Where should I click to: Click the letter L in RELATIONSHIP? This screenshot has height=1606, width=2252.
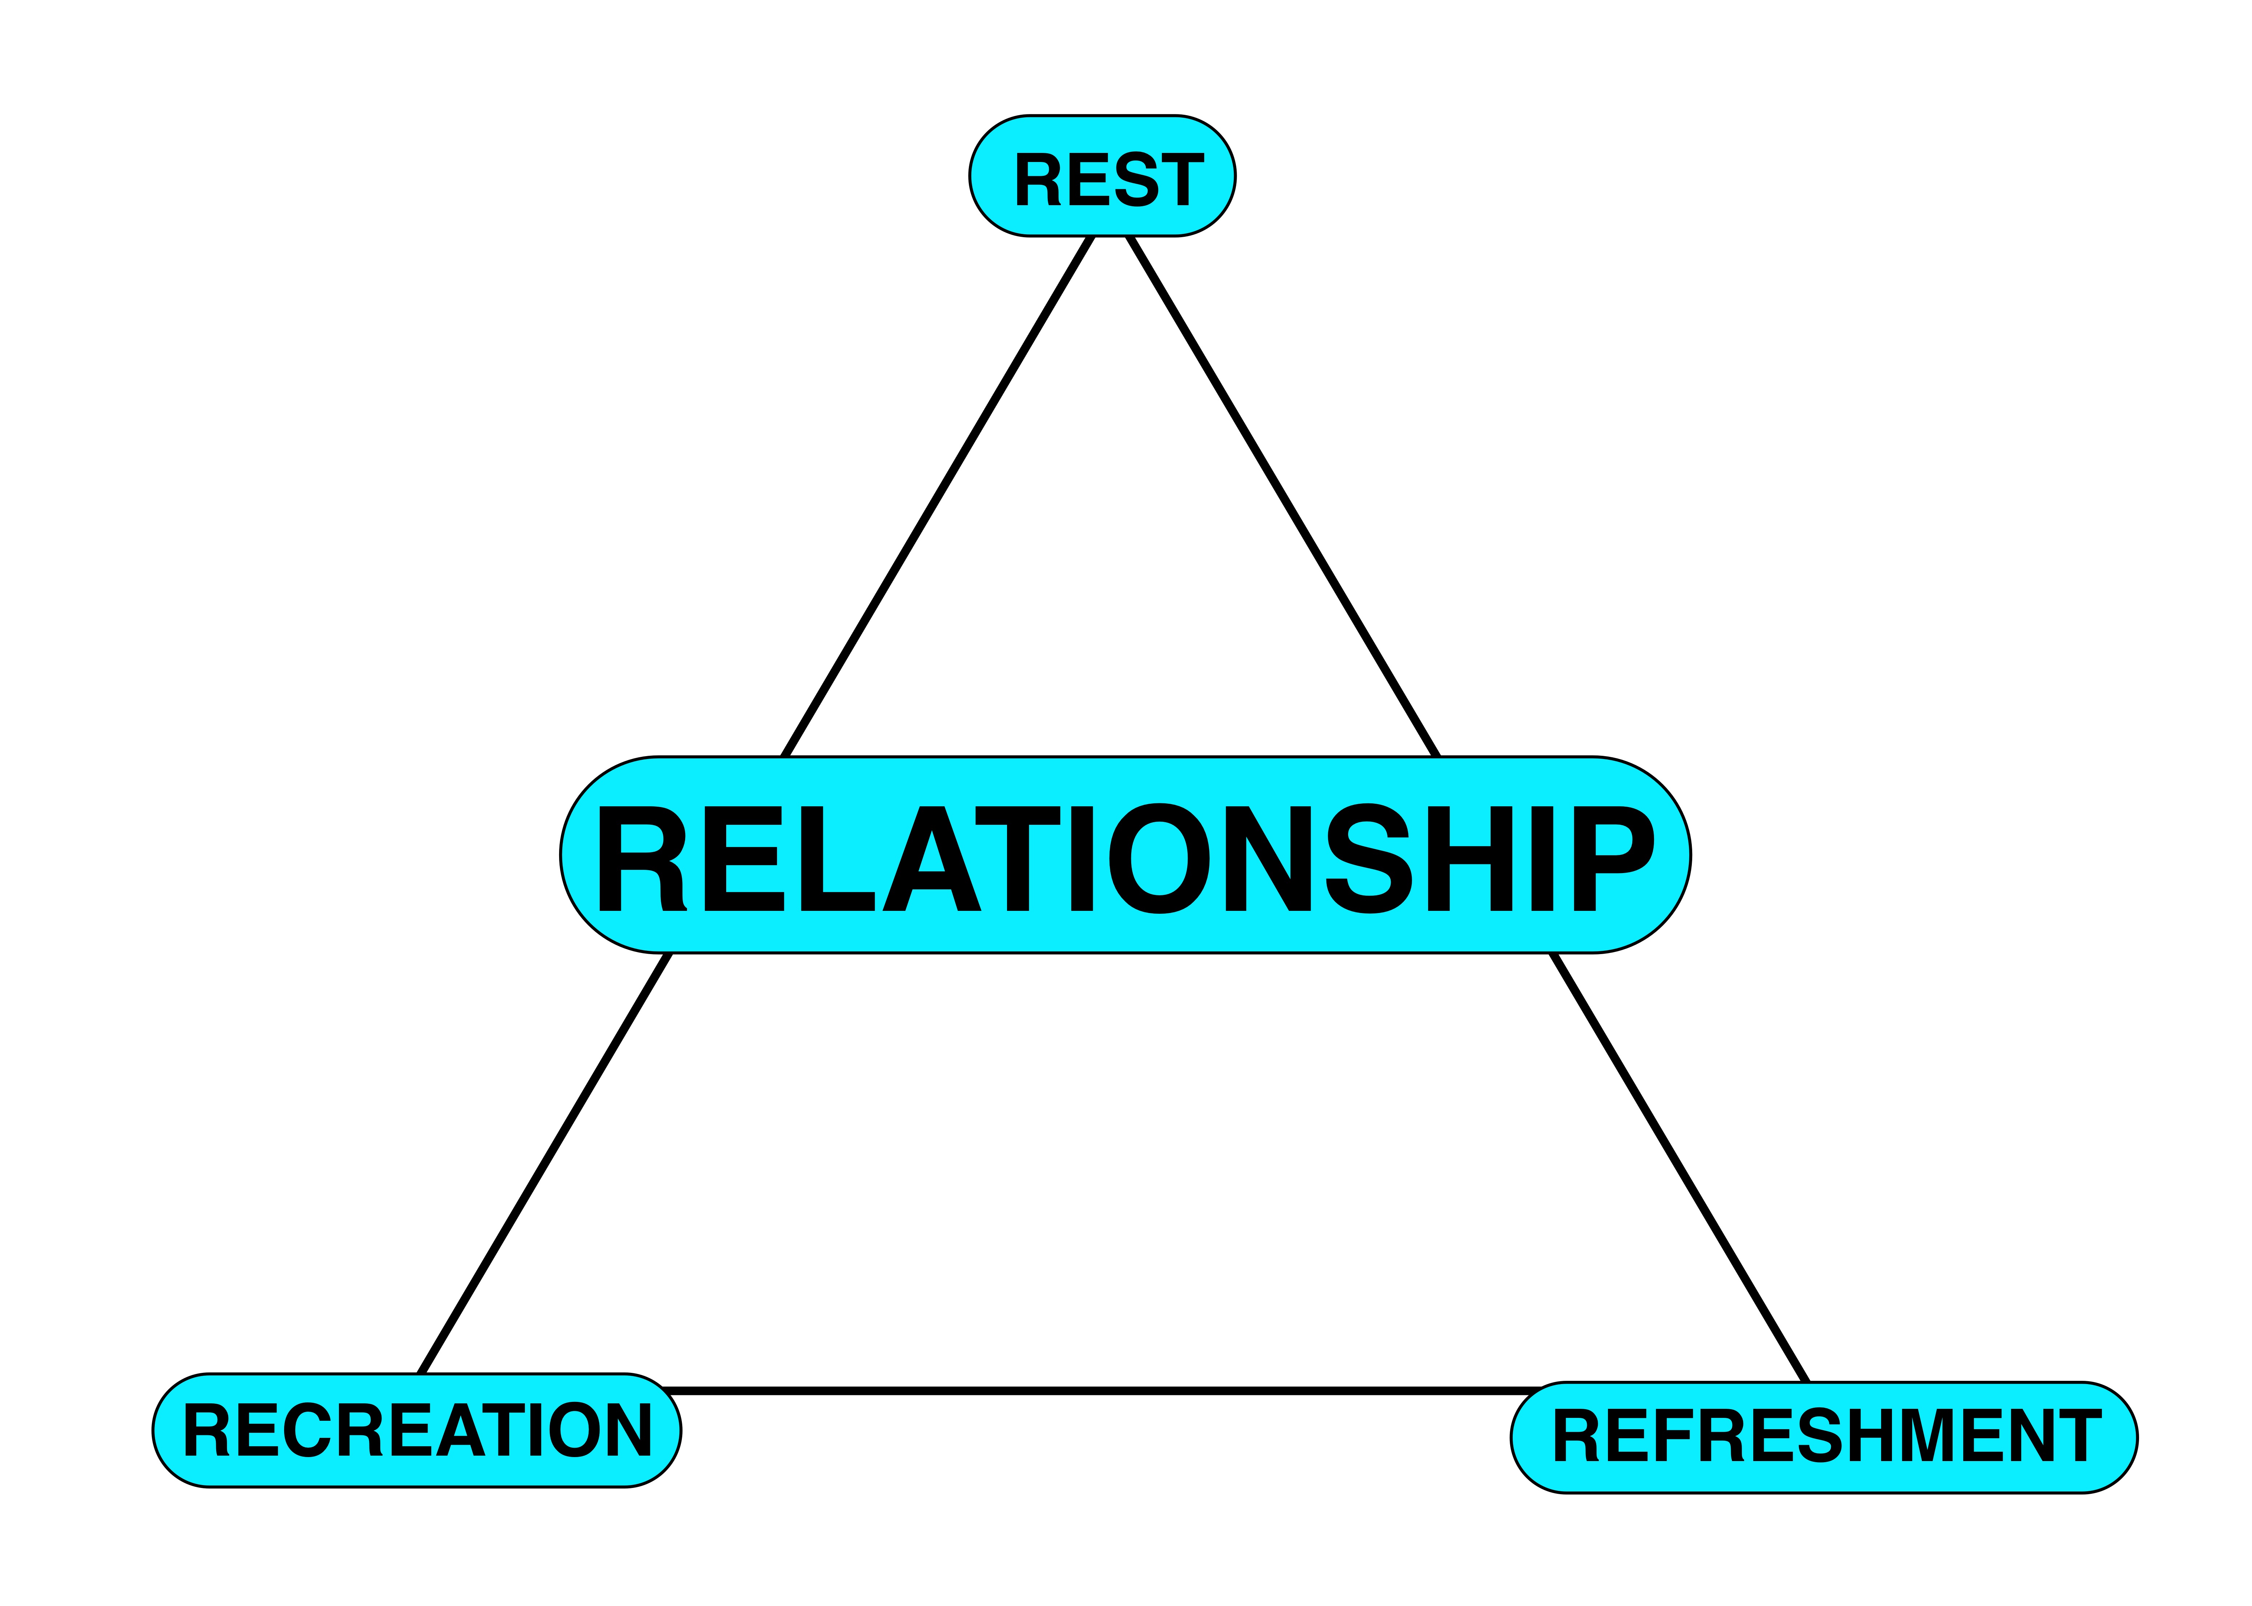click(x=836, y=857)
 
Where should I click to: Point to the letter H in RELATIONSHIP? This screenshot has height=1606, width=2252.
click(x=1470, y=857)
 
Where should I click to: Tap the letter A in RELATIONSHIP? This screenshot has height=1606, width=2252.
click(x=932, y=857)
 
